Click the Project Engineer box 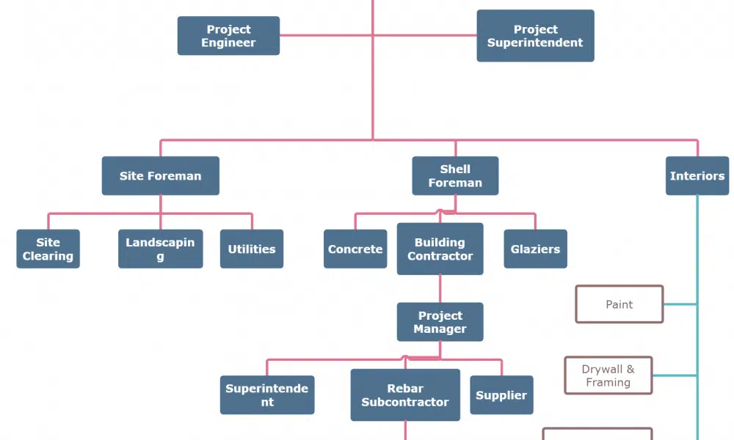pos(228,36)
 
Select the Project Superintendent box pos(535,36)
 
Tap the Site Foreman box pos(160,176)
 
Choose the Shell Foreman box pos(455,176)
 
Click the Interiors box pos(697,176)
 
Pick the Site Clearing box pos(48,249)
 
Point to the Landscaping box pos(160,249)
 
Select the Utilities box pos(251,249)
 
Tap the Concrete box pos(355,249)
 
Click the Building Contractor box pos(440,249)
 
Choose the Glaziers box pos(535,249)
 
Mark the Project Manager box pos(440,322)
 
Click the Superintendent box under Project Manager pos(266,395)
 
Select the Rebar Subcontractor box pos(405,395)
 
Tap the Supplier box pos(501,395)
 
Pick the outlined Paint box pos(619,304)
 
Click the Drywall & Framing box pos(608,375)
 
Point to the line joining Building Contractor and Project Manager pos(440,289)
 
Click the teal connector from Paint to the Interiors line pos(680,304)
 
